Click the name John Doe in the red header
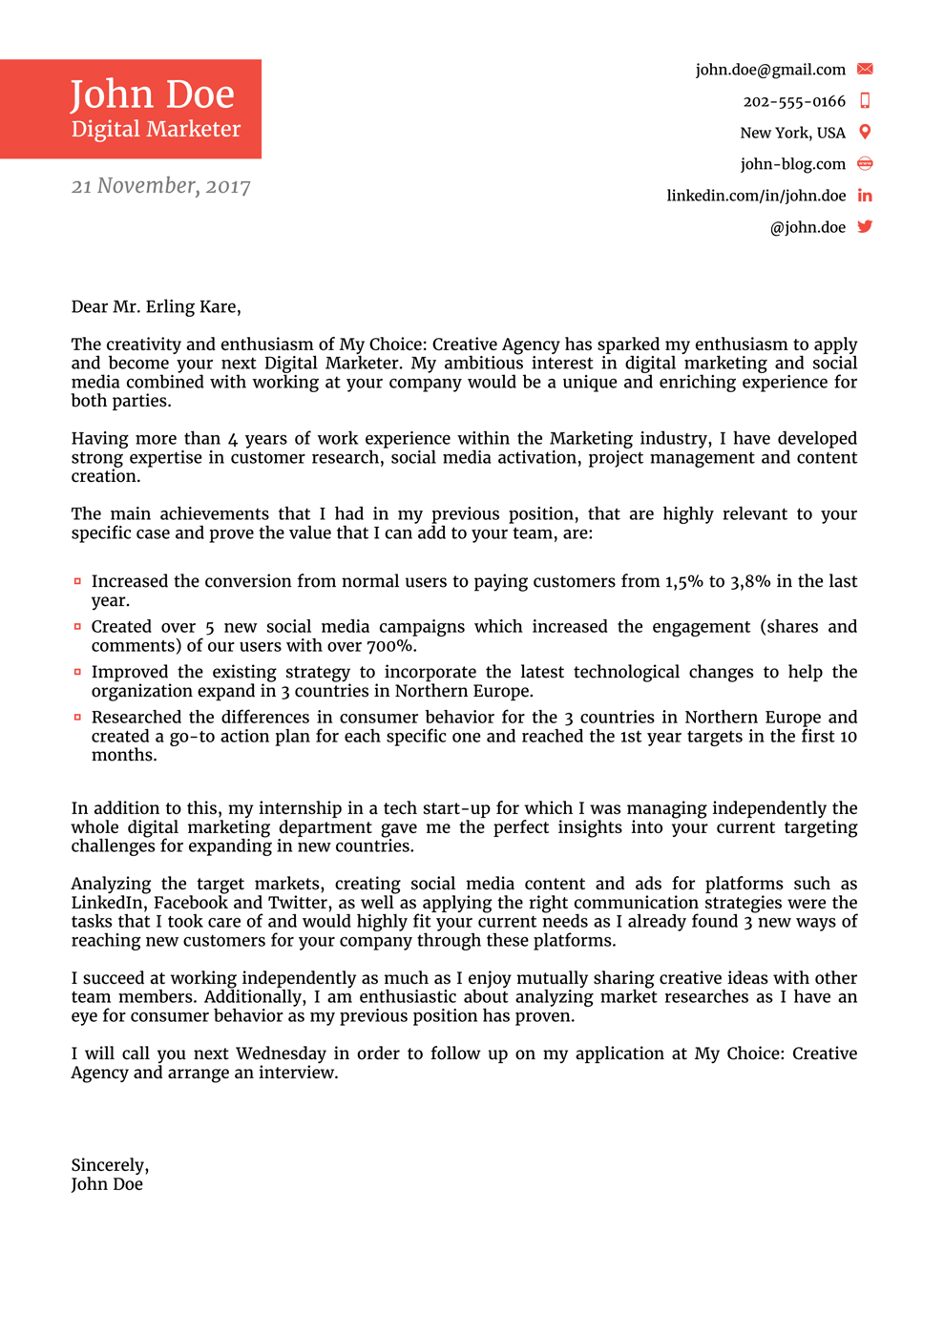click(x=152, y=94)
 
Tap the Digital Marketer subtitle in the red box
click(x=156, y=129)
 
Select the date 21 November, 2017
click(x=160, y=186)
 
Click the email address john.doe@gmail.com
click(x=770, y=70)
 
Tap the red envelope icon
click(x=865, y=69)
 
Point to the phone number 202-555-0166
click(x=794, y=101)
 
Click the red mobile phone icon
click(x=865, y=100)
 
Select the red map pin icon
click(x=865, y=132)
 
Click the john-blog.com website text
click(x=792, y=164)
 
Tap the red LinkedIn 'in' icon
click(x=865, y=196)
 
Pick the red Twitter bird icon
click(x=865, y=227)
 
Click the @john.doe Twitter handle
click(x=808, y=227)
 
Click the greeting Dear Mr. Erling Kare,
click(x=156, y=306)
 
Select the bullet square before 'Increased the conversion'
click(x=77, y=581)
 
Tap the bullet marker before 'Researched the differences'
click(x=77, y=717)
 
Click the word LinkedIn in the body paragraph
click(x=108, y=903)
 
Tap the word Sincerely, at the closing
click(x=110, y=1165)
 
